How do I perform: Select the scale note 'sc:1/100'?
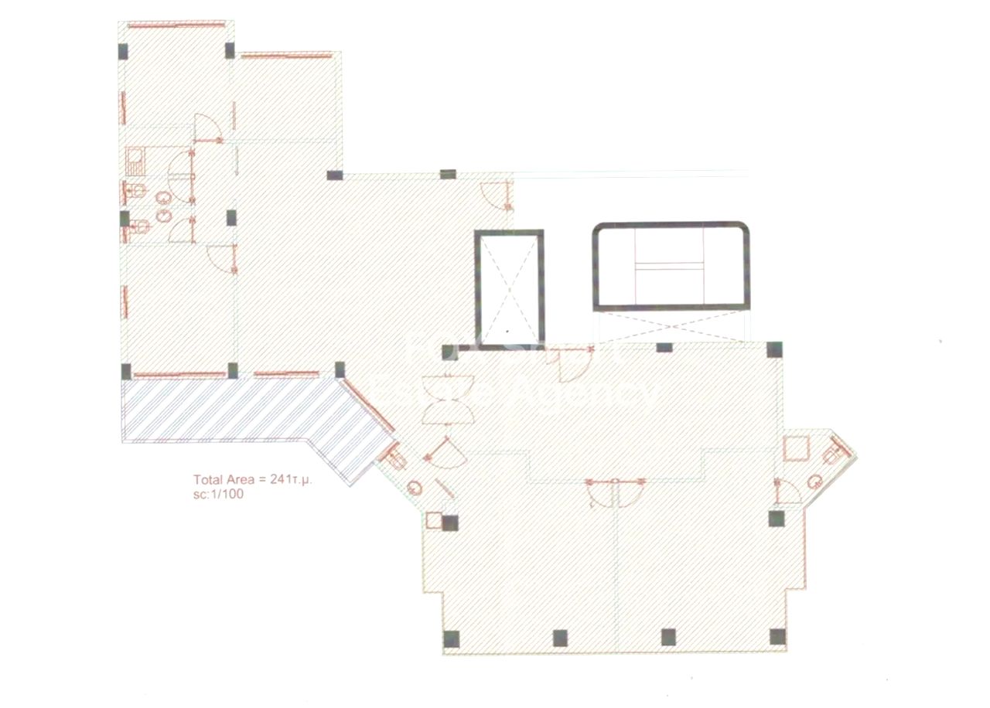219,495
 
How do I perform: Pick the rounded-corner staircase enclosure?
671,267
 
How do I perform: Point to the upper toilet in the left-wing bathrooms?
137,191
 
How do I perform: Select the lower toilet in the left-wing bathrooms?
137,226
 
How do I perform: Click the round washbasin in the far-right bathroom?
814,482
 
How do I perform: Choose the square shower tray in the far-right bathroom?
794,448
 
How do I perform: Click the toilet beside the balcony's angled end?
397,459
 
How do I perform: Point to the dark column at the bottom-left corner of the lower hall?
452,638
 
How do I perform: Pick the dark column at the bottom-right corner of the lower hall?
777,637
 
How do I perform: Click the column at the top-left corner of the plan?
124,52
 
